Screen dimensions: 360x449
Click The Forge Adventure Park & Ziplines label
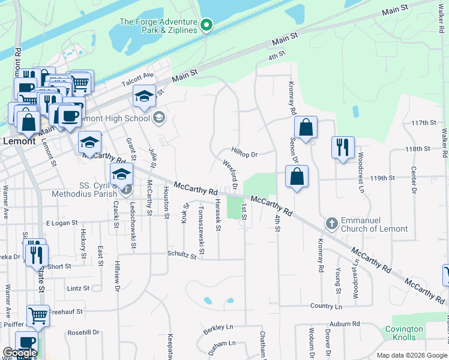158,26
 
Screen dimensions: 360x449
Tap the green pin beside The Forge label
206,25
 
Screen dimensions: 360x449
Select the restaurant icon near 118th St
342,146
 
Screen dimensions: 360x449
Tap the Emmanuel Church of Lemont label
374,224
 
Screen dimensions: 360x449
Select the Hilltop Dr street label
244,154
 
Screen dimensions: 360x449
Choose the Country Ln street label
326,306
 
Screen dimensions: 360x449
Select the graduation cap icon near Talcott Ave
145,96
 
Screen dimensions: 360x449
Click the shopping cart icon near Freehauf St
38,314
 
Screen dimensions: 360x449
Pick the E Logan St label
62,223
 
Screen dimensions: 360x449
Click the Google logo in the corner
19,353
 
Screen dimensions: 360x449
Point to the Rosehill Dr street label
83,332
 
